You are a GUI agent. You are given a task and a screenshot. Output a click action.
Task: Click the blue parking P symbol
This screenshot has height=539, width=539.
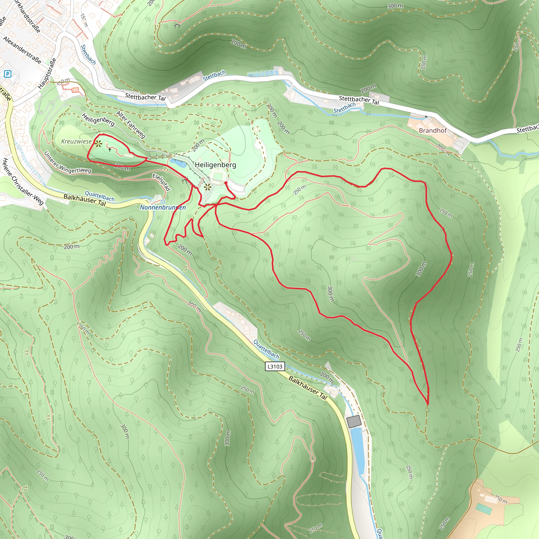click(x=8, y=74)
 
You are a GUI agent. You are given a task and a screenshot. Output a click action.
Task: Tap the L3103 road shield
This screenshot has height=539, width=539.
click(x=275, y=366)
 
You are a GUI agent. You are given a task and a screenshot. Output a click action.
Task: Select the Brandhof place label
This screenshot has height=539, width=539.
click(x=432, y=131)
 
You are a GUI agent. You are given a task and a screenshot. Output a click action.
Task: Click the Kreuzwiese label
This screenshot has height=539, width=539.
click(x=76, y=141)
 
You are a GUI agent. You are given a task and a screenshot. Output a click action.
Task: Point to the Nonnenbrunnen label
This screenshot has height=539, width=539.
click(x=163, y=207)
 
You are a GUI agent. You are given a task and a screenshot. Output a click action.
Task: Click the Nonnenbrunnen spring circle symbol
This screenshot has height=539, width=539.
click(x=163, y=201)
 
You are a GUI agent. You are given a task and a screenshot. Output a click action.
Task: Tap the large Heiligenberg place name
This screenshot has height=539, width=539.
click(x=215, y=165)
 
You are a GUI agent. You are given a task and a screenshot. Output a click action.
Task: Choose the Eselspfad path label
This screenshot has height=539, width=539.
click(x=161, y=182)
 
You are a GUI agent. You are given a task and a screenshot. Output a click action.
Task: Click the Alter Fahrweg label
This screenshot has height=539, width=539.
click(x=131, y=124)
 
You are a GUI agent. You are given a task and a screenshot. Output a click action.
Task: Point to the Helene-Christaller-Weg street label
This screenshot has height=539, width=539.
click(x=23, y=182)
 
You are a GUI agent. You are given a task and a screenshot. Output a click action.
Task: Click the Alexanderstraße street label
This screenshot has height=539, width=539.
click(x=22, y=50)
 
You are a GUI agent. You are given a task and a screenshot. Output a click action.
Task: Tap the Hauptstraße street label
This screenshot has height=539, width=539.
click(x=47, y=73)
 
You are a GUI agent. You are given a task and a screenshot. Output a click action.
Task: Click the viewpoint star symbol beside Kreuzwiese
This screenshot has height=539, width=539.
click(x=98, y=144)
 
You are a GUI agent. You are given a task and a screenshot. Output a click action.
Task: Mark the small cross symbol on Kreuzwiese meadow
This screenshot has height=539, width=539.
click(x=110, y=150)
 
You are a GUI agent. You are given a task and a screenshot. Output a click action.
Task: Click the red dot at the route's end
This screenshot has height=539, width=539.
click(x=226, y=183)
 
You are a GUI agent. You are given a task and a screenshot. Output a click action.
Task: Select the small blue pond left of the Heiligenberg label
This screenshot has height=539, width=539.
click(x=178, y=163)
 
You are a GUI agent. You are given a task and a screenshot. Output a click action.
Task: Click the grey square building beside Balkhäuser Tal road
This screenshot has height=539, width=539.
click(x=354, y=421)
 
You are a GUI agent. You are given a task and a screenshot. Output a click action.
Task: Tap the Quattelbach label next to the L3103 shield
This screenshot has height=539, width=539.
click(x=266, y=349)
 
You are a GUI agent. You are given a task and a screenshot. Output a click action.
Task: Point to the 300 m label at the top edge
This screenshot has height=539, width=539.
click(x=395, y=6)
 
